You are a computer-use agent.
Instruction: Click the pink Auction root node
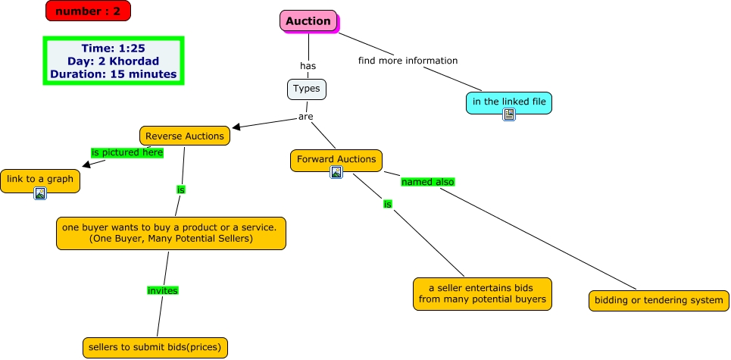[x=308, y=21]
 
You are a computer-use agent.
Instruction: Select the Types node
[x=307, y=89]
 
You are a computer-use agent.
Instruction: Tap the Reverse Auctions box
[x=185, y=136]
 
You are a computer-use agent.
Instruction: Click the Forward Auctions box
[x=336, y=159]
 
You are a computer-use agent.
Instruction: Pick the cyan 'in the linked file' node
[x=508, y=102]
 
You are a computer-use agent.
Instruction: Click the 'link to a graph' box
[x=40, y=179]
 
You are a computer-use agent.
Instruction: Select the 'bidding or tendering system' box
[x=658, y=300]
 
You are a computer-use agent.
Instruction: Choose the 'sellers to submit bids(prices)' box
[x=155, y=347]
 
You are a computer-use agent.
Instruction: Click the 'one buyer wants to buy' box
[x=171, y=233]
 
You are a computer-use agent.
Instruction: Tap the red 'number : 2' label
[x=88, y=11]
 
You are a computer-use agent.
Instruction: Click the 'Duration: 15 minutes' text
[x=114, y=74]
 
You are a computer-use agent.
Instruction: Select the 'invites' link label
[x=162, y=290]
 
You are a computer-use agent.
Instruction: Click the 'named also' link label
[x=427, y=182]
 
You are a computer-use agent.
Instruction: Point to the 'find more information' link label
[x=408, y=61]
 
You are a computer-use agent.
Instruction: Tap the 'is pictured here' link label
[x=127, y=152]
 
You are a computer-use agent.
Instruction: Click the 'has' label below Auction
[x=308, y=66]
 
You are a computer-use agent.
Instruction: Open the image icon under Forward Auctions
[x=336, y=173]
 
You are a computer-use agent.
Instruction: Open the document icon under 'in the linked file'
[x=509, y=114]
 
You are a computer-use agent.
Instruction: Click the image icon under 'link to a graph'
[x=40, y=193]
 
